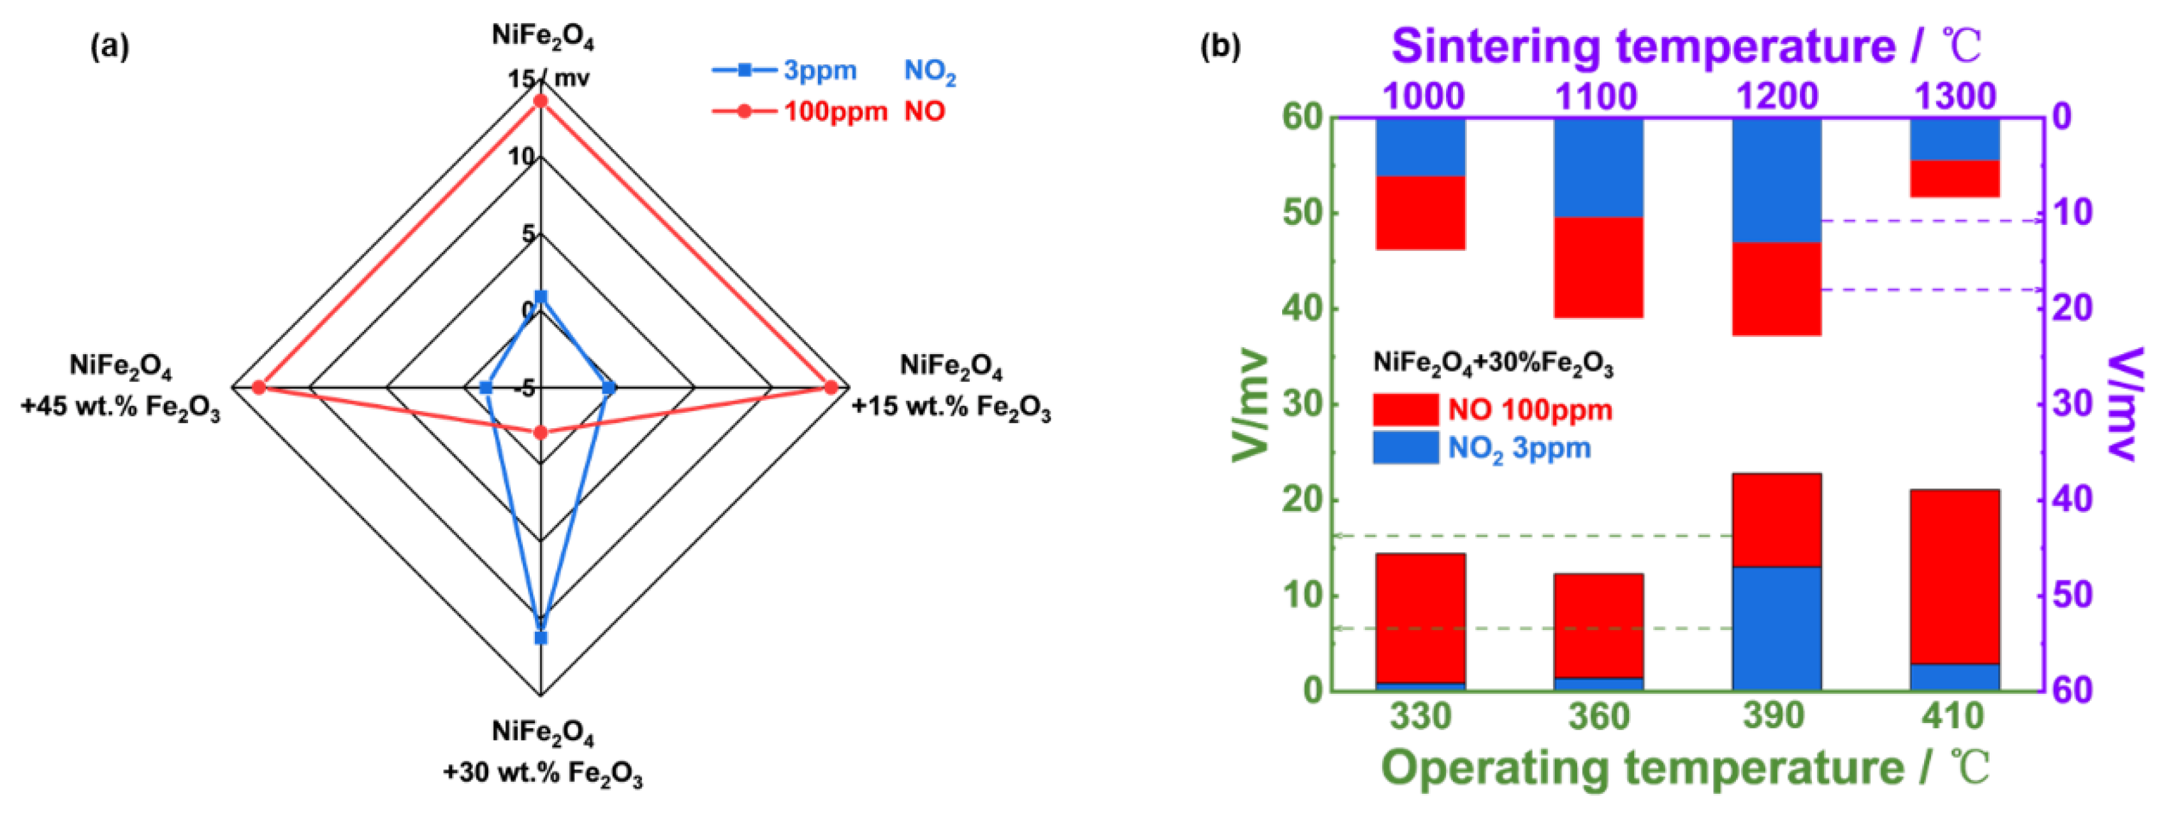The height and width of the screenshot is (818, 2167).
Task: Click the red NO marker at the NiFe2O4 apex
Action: tap(541, 101)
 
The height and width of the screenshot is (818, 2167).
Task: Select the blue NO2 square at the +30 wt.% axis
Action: tap(541, 638)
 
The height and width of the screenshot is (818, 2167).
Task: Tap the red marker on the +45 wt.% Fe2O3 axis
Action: tap(259, 387)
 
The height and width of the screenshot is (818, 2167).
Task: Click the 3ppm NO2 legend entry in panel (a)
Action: tap(821, 71)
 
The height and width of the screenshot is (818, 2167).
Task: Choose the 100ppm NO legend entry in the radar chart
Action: tap(835, 111)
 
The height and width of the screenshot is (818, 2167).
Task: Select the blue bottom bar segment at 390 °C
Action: tap(1777, 629)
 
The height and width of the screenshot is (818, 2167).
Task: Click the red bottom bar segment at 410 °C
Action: tap(1955, 577)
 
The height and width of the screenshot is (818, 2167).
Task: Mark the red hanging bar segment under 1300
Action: tap(1955, 178)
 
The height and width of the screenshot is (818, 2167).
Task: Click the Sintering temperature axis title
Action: tap(1687, 47)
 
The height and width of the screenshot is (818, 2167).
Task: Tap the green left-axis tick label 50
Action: tap(1303, 213)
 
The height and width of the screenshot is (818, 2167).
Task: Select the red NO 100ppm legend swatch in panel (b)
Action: tap(1405, 410)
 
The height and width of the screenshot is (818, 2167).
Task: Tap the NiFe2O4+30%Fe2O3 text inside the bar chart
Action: tap(1493, 364)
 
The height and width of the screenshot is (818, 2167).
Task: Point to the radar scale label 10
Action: tap(521, 156)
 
